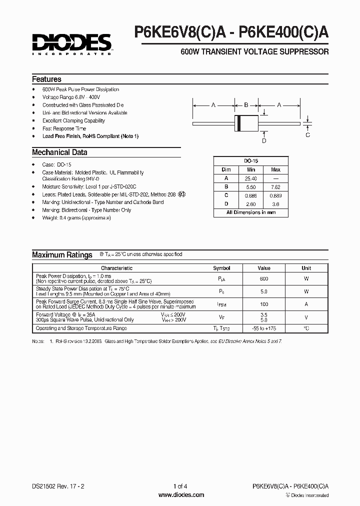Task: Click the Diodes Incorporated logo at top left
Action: [71, 43]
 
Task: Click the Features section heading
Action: [46, 79]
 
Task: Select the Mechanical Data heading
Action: [59, 152]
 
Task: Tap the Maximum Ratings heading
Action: [62, 255]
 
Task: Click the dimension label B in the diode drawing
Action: [246, 105]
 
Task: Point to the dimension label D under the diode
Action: [264, 140]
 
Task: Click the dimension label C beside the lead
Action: [307, 134]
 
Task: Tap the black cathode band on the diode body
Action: [238, 122]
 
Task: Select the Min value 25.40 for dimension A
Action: [251, 178]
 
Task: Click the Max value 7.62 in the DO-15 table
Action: [275, 186]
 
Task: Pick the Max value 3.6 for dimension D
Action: [275, 204]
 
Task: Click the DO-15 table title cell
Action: [250, 160]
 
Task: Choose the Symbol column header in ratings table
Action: [221, 268]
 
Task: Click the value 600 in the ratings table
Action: [264, 278]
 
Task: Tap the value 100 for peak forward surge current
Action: [264, 304]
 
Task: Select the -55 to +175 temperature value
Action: [264, 328]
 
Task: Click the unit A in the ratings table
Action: [306, 304]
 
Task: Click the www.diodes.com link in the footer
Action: [180, 495]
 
